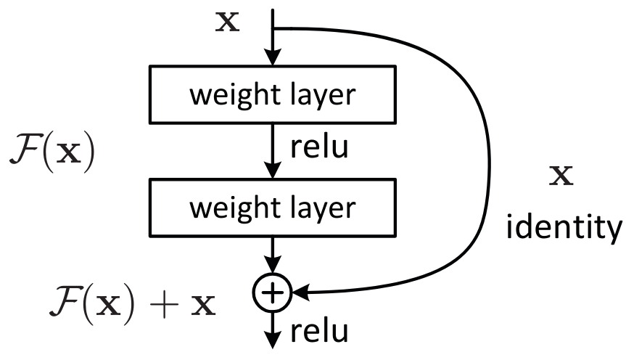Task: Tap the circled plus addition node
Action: coord(271,292)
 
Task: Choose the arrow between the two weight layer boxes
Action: coord(271,152)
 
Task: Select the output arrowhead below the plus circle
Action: coord(271,341)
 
